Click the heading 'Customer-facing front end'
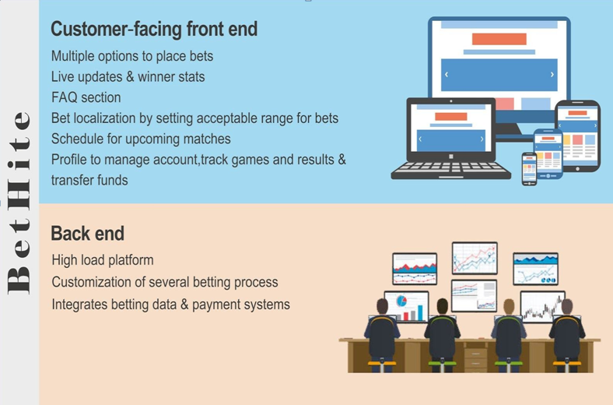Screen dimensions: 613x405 point(154,30)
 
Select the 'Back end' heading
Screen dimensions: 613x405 point(88,234)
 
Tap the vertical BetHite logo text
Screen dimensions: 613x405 point(19,202)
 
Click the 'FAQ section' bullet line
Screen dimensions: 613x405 point(86,97)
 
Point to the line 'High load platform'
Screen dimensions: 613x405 point(103,260)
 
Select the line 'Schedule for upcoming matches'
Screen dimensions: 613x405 point(141,139)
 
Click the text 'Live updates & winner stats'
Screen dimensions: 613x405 point(128,76)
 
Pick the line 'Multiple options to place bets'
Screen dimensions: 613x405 point(132,56)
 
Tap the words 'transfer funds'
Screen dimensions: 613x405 point(89,181)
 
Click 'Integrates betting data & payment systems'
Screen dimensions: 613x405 point(171,305)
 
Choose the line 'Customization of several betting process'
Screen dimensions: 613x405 point(165,282)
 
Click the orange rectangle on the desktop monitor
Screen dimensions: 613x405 point(499,39)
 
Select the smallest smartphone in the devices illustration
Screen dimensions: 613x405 point(529,169)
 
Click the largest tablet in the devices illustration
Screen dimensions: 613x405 point(577,136)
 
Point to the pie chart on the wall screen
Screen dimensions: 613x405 point(401,301)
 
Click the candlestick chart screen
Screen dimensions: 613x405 point(542,307)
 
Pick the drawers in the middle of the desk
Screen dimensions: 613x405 point(476,360)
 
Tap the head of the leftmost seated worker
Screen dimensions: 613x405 point(382,306)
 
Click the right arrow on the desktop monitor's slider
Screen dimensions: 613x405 point(552,74)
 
